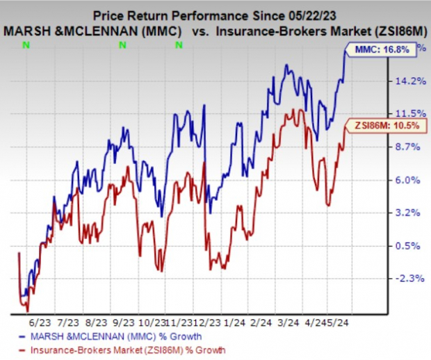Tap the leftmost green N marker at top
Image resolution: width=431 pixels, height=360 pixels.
coord(26,45)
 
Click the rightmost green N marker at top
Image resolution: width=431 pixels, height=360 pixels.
coord(179,45)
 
